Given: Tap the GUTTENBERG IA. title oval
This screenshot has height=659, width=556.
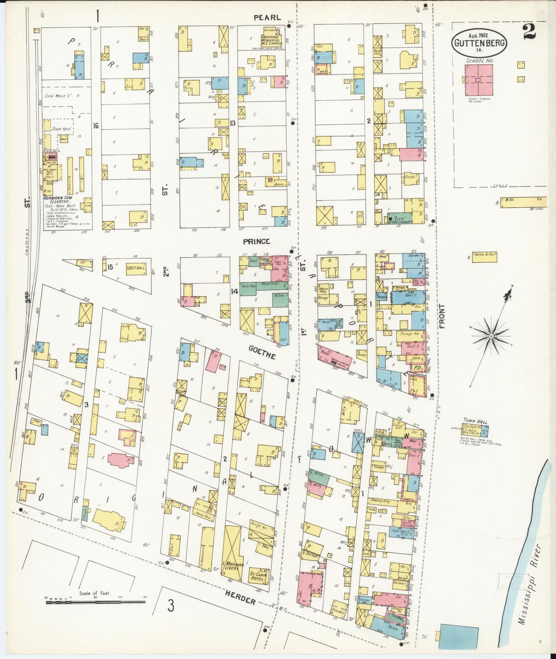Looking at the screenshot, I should tap(479, 43).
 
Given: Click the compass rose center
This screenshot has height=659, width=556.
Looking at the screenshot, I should tap(491, 336).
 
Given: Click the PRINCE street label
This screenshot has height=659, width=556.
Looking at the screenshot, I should tap(257, 241).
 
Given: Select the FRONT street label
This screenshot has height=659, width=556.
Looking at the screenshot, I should tap(442, 316).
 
